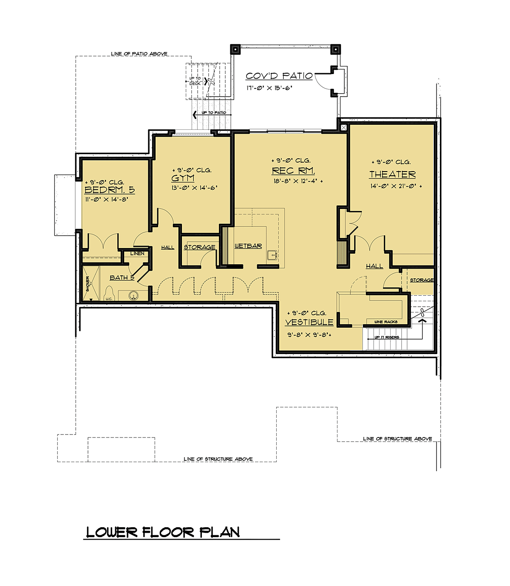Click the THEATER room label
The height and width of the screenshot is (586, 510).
tap(392, 174)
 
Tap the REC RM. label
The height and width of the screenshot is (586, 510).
tap(293, 171)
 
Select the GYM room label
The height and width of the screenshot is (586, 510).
tap(183, 178)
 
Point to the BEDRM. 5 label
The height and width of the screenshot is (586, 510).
tap(110, 190)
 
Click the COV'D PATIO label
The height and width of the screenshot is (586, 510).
tap(279, 76)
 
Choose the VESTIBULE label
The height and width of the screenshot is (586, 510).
tap(309, 322)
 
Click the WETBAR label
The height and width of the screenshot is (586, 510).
tap(248, 246)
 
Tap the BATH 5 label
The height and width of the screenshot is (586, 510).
tap(122, 277)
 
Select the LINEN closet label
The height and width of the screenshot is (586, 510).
tap(137, 253)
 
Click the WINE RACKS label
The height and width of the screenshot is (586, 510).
tap(386, 322)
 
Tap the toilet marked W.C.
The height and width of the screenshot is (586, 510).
tap(109, 294)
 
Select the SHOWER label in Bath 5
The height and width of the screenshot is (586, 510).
tap(88, 283)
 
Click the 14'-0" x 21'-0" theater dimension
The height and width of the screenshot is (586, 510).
tap(394, 186)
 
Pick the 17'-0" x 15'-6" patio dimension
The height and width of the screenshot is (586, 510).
tap(269, 88)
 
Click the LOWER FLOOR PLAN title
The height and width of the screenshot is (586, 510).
tap(163, 532)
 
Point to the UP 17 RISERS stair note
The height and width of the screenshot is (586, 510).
tap(386, 337)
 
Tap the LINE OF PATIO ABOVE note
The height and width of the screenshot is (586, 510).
tap(139, 54)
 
